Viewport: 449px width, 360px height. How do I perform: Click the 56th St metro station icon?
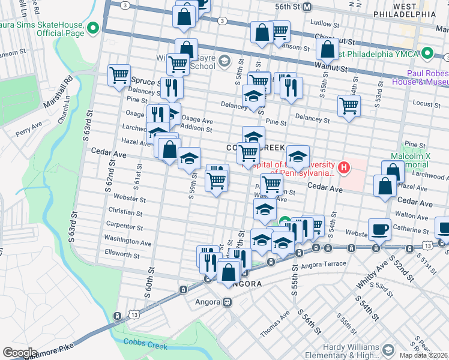pyautogui.click(x=307, y=7)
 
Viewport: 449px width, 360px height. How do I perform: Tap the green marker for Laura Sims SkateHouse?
pyautogui.click(x=93, y=28)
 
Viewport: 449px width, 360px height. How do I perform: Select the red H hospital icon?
pyautogui.click(x=344, y=167)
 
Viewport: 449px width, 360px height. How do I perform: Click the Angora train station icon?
pyautogui.click(x=228, y=302)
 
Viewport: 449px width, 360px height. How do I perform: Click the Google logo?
pyautogui.click(x=20, y=353)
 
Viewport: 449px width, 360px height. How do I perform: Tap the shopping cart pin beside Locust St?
pyautogui.click(x=349, y=106)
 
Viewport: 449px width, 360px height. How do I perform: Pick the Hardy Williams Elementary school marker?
pyautogui.click(x=388, y=350)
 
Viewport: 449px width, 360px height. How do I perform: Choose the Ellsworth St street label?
pyautogui.click(x=122, y=255)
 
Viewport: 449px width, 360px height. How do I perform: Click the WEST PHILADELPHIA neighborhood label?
pyautogui.click(x=403, y=10)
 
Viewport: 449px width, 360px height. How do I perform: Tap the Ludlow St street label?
pyautogui.click(x=325, y=25)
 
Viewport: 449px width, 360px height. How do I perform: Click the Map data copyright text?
pyautogui.click(x=423, y=355)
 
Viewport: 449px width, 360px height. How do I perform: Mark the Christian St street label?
pyautogui.click(x=125, y=212)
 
